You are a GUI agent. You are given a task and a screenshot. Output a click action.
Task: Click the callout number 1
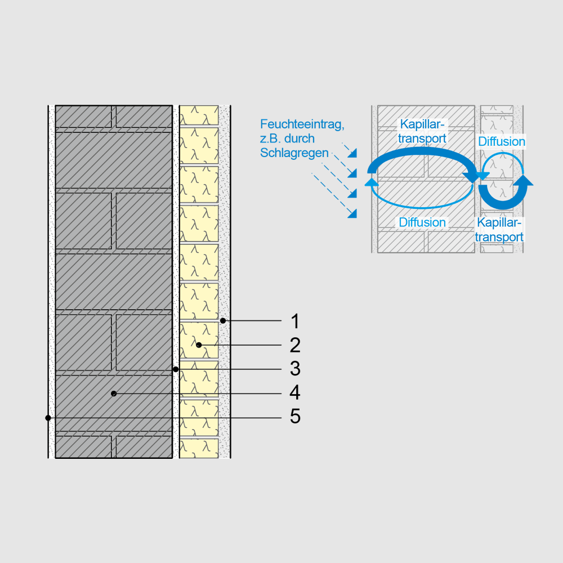[x=295, y=321]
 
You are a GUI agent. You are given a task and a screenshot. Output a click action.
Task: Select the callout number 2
[x=295, y=345]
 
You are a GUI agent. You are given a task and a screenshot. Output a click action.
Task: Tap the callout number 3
[x=295, y=369]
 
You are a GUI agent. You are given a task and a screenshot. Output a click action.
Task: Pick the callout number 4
[x=295, y=392]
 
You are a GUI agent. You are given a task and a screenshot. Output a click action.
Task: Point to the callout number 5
[x=295, y=417]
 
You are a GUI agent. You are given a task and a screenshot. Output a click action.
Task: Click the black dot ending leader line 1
[x=224, y=321]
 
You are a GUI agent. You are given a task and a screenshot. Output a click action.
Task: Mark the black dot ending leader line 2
[x=199, y=345]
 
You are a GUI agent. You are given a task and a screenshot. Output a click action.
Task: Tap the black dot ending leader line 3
[x=176, y=369]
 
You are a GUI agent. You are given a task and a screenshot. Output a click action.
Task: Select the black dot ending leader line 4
[x=114, y=393]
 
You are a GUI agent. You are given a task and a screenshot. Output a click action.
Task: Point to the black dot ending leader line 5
[x=48, y=418]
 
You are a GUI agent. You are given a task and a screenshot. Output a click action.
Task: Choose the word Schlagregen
[x=294, y=153]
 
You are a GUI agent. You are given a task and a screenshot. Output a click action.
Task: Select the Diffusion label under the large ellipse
[x=422, y=222]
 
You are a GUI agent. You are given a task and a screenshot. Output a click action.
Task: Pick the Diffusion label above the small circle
[x=502, y=142]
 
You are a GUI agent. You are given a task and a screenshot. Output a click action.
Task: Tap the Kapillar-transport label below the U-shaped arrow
[x=499, y=230]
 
